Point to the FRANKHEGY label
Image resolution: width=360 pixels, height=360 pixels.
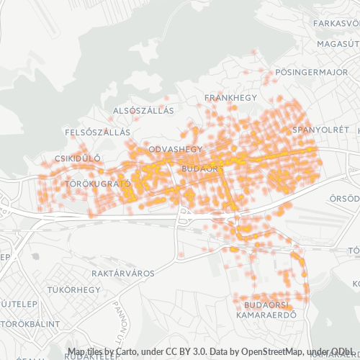point(225,96)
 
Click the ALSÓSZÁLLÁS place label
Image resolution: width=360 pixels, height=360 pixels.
point(144,111)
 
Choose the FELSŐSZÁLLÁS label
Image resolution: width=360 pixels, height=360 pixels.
point(97,132)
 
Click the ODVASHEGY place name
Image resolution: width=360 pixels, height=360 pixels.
point(175,149)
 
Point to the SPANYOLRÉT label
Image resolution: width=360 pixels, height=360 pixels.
point(316,130)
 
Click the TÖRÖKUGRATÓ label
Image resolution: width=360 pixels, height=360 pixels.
point(98,184)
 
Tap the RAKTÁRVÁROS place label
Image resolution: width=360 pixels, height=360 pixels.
point(123,274)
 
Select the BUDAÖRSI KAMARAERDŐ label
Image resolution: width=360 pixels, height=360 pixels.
point(266,310)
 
